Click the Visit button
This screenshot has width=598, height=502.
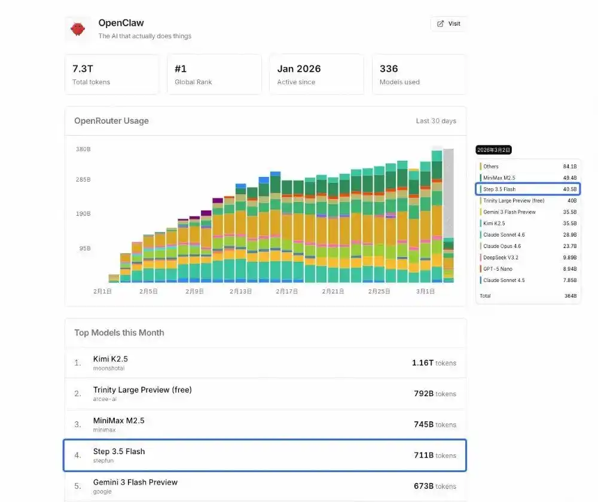pos(448,24)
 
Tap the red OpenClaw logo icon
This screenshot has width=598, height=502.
pos(78,29)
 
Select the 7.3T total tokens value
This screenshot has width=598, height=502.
pos(84,69)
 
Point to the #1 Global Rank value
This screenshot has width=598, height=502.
pos(181,69)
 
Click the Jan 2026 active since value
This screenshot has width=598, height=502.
pos(299,69)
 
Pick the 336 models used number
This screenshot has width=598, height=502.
pos(389,69)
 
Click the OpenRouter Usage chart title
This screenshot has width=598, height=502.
pos(111,121)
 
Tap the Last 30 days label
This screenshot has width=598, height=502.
pos(436,121)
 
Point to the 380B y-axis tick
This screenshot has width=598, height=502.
pos(83,149)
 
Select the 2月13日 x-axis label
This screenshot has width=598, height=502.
pos(240,292)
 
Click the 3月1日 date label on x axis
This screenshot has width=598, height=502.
pos(425,292)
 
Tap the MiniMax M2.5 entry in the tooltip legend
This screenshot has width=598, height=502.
pos(499,178)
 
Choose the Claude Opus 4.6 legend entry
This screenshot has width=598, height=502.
pos(502,246)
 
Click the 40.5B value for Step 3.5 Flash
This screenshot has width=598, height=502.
pos(569,189)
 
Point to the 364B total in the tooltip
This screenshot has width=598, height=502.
pos(570,296)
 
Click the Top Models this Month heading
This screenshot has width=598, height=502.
pos(119,333)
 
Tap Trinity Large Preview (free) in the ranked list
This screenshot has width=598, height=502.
pos(142,390)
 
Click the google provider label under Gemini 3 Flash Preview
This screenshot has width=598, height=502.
pos(102,492)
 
